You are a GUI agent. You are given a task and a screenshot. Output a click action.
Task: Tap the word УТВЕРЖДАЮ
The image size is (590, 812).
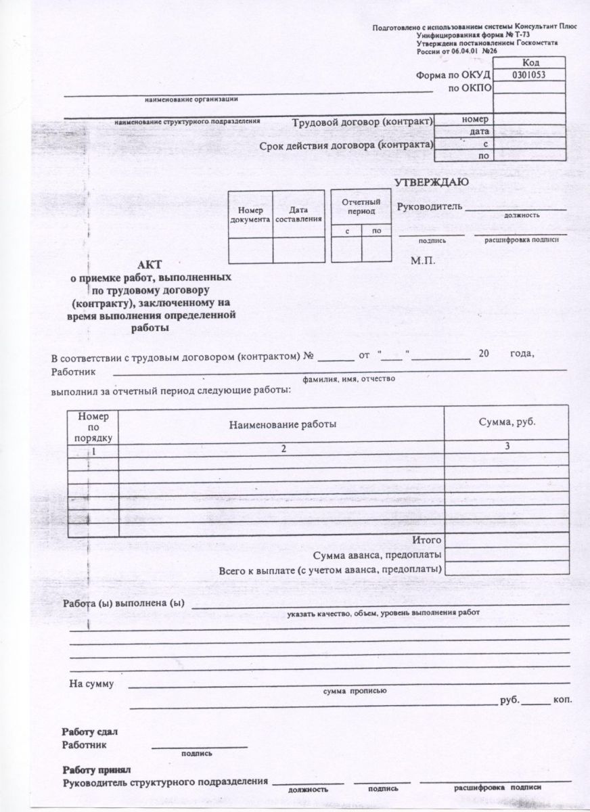click(431, 183)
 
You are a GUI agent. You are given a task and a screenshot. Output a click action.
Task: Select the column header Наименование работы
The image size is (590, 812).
click(283, 424)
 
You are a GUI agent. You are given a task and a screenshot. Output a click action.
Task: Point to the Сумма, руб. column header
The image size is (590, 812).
click(507, 422)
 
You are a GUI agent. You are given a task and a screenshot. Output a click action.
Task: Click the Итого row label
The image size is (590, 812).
click(427, 540)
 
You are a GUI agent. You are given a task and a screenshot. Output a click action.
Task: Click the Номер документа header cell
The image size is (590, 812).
click(250, 215)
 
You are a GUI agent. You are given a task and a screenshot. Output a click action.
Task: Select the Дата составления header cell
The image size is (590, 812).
click(297, 215)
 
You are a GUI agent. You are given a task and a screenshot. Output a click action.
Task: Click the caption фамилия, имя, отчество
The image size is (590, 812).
click(348, 380)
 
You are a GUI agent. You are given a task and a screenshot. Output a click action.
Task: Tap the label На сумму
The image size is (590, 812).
click(91, 683)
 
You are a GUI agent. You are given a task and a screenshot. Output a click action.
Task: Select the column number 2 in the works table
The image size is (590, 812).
click(283, 449)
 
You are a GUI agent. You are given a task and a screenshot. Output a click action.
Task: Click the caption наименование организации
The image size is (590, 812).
click(191, 99)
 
